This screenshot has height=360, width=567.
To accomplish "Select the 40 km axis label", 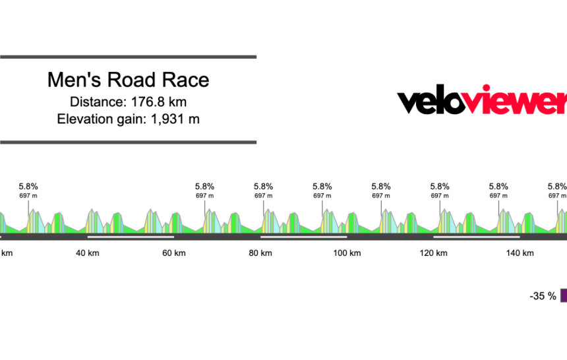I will pyautogui.click(x=88, y=254).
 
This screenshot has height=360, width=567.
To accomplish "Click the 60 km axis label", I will pyautogui.click(x=174, y=254).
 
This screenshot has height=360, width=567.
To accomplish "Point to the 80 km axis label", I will pyautogui.click(x=261, y=254).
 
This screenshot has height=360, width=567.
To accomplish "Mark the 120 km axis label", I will pyautogui.click(x=433, y=254).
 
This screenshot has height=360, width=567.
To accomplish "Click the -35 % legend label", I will pyautogui.click(x=543, y=297).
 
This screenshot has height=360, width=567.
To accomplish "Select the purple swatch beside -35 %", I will pyautogui.click(x=564, y=296).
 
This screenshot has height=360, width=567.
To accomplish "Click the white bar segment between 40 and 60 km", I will pyautogui.click(x=131, y=236).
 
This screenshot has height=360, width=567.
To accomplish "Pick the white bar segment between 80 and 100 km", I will pyautogui.click(x=303, y=236).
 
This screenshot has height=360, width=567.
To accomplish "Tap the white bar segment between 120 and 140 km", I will pyautogui.click(x=476, y=236).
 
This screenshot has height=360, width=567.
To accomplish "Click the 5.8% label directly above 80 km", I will pyautogui.click(x=264, y=187).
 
